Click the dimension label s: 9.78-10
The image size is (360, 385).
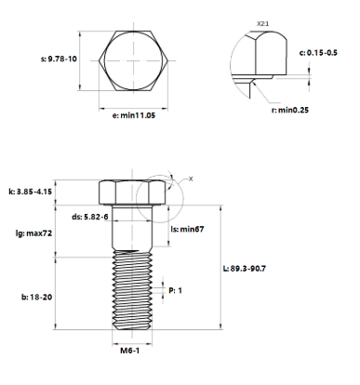59,59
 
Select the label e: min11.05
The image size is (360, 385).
133,115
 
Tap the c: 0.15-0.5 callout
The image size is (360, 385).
318,53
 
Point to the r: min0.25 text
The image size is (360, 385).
290,110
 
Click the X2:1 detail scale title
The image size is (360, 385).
263,23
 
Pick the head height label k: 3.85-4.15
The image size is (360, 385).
30,192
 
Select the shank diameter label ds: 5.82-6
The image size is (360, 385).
90,217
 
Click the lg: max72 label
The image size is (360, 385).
33,233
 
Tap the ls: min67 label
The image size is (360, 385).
187,230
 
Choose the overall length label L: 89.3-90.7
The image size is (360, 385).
245,269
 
